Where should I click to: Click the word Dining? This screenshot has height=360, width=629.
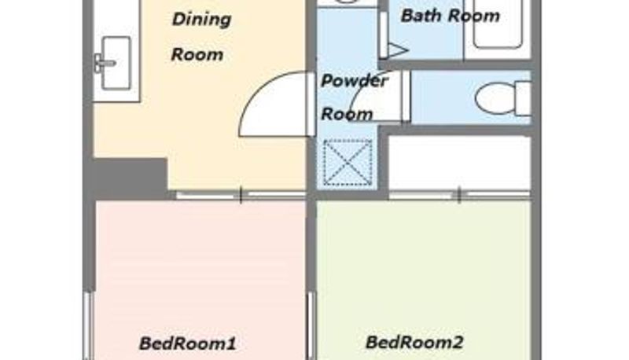pyautogui.click(x=202, y=19)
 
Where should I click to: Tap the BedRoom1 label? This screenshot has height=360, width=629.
pyautogui.click(x=187, y=343)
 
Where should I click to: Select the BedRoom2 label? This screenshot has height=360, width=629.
pyautogui.click(x=414, y=343)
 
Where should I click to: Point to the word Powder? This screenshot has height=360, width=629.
pyautogui.click(x=355, y=81)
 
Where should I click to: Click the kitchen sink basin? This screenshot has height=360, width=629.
pyautogui.click(x=116, y=63)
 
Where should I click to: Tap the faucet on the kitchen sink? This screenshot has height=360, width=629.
pyautogui.click(x=104, y=63)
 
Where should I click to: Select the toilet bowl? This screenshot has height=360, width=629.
pyautogui.click(x=495, y=98)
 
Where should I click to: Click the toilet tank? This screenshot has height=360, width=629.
pyautogui.click(x=523, y=98)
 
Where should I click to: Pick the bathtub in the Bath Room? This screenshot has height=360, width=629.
pyautogui.click(x=498, y=24)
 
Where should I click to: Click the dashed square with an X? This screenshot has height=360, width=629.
pyautogui.click(x=348, y=163)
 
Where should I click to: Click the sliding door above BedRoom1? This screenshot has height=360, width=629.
pyautogui.click(x=241, y=195)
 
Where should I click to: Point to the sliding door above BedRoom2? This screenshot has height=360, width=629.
pyautogui.click(x=460, y=195)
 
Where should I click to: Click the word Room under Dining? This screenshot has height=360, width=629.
pyautogui.click(x=197, y=54)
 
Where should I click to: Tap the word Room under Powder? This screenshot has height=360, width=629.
pyautogui.click(x=348, y=114)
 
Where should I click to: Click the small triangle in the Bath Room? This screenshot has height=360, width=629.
pyautogui.click(x=398, y=50)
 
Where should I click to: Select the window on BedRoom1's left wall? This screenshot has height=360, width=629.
pyautogui.click(x=88, y=325)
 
